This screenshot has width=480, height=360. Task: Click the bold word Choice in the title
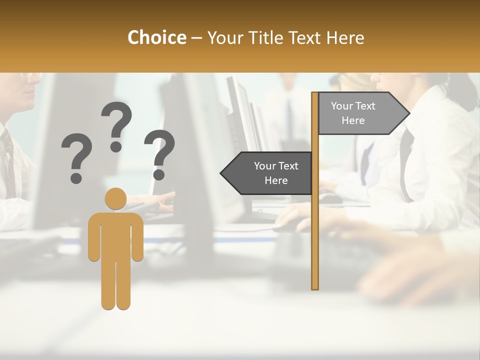pos(156,38)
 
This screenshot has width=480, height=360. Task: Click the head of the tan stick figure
pos(115,198)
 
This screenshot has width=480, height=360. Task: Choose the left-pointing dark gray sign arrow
pos(267,173)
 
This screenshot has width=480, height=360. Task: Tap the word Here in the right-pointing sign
pos(353,120)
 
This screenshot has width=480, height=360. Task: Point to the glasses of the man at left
pos(31,76)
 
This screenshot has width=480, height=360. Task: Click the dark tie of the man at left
pos(7,160)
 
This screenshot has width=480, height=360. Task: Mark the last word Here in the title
pos(345,38)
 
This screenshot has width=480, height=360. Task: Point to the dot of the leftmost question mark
pos(76,177)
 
